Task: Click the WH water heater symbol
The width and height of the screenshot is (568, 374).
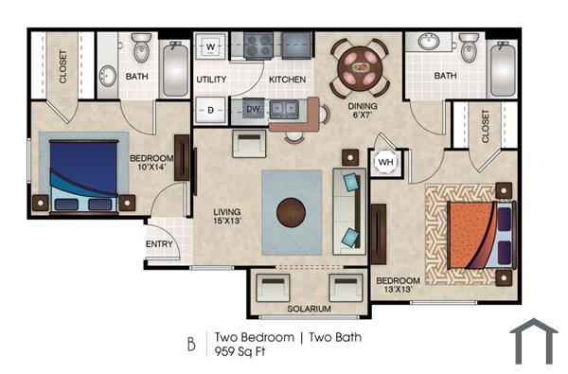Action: coord(386,162)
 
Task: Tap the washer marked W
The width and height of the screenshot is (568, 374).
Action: coord(211,45)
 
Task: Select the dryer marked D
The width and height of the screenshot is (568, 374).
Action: coord(211,110)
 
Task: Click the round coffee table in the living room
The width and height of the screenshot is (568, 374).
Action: coord(293,212)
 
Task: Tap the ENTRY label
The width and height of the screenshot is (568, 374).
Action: coord(158,243)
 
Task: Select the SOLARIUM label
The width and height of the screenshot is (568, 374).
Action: coord(309,309)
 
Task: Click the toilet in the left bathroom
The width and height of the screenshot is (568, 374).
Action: coord(141,46)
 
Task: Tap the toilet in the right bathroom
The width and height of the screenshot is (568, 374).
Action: coord(469,46)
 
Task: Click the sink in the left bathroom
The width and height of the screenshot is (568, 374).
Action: coord(108,76)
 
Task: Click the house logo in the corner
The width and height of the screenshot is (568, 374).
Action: coord(533,342)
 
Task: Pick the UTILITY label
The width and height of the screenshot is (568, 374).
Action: coord(210,80)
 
